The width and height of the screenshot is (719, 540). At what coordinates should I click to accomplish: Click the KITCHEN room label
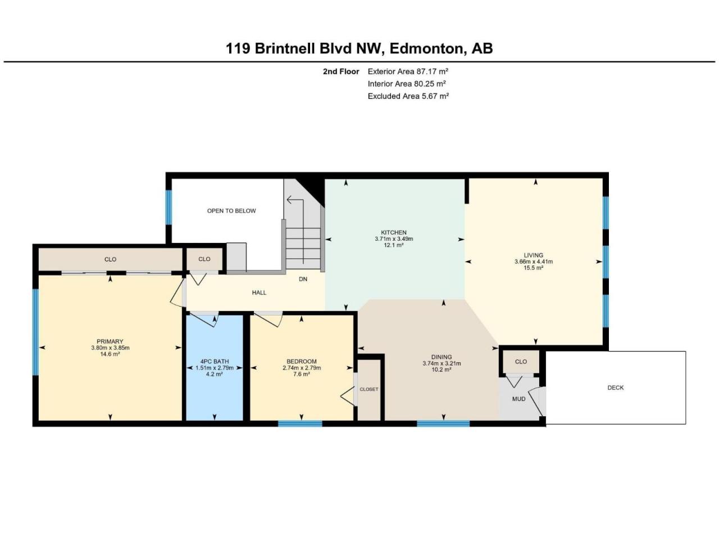393,232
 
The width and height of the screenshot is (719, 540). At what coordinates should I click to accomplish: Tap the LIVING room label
533,255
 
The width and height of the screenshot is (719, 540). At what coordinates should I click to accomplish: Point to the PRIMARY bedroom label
110,341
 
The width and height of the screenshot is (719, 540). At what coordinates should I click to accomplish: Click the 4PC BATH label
214,361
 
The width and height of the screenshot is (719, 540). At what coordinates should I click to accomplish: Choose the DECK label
615,388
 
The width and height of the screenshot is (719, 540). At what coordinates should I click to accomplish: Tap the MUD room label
518,399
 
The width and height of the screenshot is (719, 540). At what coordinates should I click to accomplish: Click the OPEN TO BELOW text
231,211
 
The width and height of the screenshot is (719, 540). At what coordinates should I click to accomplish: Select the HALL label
259,292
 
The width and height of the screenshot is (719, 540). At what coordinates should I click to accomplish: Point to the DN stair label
303,280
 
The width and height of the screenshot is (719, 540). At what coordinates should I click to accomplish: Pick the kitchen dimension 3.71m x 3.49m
394,238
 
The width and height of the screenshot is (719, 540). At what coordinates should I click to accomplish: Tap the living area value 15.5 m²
533,268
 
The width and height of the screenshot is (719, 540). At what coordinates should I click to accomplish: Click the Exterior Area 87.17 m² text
407,71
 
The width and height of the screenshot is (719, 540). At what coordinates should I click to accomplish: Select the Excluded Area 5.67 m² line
408,96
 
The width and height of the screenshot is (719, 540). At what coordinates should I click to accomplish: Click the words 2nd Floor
340,71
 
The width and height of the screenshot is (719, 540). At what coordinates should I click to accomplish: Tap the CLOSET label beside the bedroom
369,389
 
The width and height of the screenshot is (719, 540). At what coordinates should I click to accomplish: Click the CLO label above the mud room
521,361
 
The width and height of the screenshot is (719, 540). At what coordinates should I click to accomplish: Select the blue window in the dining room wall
443,424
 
